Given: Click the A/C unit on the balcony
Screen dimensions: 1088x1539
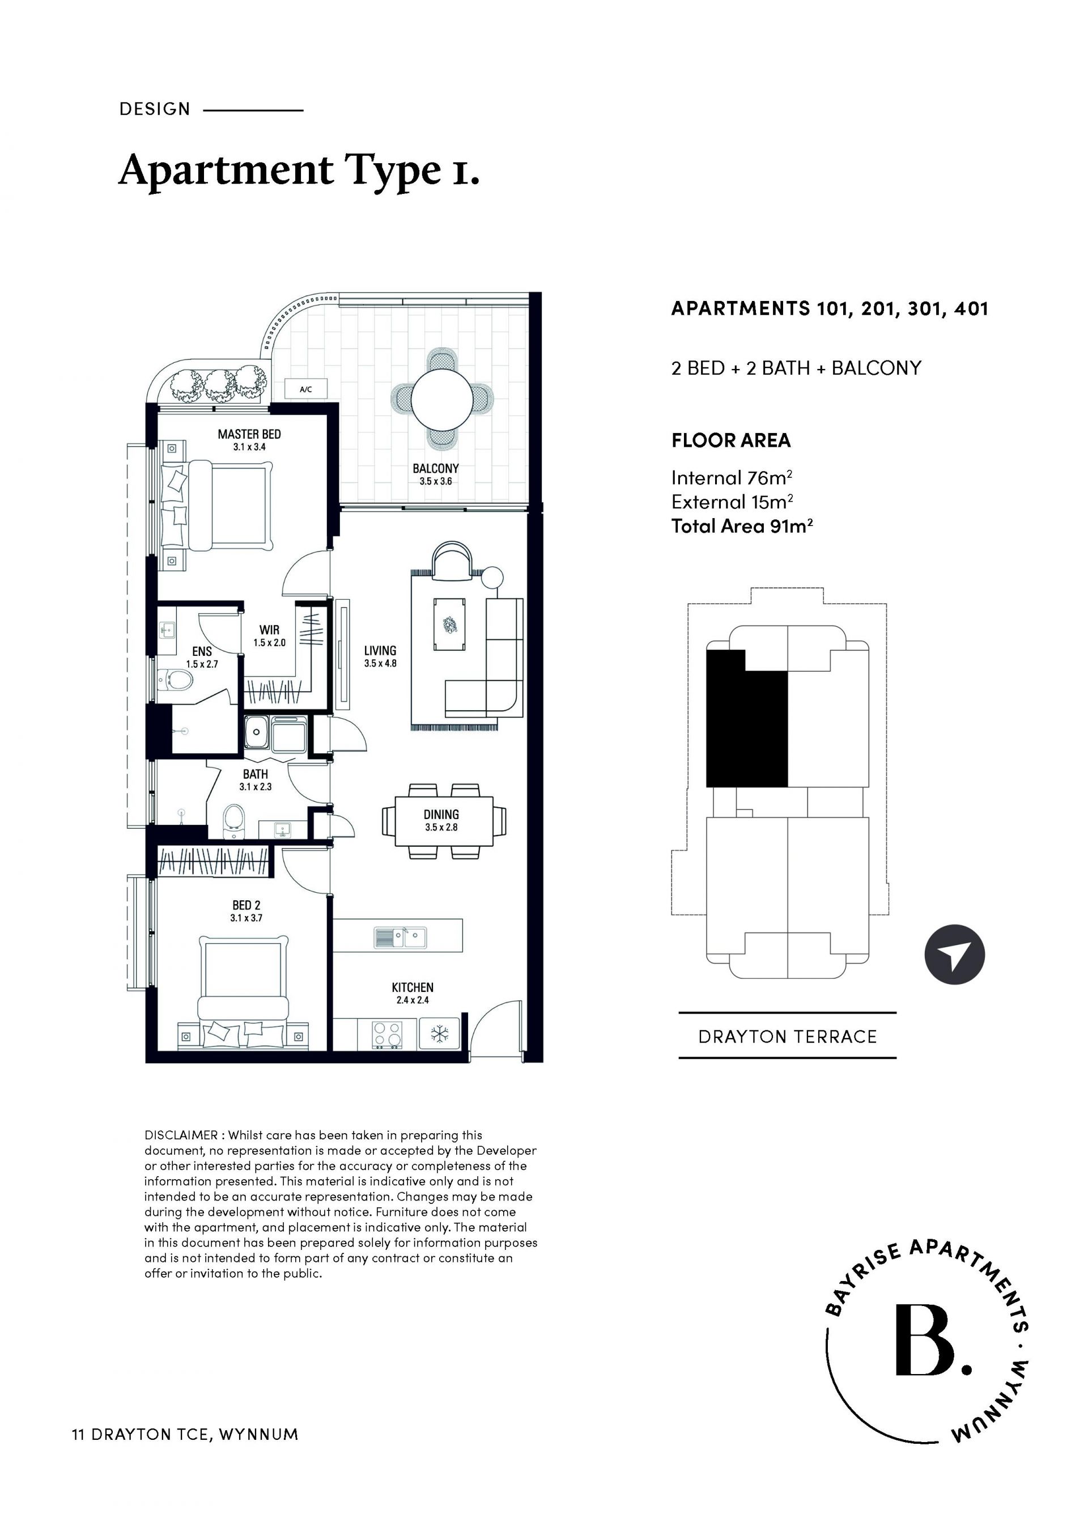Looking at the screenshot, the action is click(306, 389).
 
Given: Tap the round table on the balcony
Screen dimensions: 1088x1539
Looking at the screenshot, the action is click(442, 401).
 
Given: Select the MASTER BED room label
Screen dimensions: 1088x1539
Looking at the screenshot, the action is click(249, 434).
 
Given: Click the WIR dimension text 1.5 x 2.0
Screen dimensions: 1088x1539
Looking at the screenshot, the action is click(269, 643).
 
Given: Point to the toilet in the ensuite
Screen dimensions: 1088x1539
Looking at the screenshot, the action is click(176, 681).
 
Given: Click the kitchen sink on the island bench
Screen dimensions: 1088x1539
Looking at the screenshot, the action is click(400, 937).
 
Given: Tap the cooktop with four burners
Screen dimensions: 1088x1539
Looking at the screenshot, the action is click(387, 1035).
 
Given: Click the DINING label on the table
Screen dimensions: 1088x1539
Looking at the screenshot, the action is click(441, 815).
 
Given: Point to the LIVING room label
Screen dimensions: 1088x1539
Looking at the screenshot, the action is click(380, 650).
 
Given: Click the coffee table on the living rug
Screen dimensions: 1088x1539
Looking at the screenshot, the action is click(450, 625).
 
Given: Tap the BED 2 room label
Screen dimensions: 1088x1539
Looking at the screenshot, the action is click(246, 906).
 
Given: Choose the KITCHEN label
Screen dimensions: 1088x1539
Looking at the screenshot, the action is click(413, 987).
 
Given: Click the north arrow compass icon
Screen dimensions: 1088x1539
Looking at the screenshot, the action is click(955, 955).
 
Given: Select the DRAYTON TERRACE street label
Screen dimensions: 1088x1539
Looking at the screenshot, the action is click(787, 1037).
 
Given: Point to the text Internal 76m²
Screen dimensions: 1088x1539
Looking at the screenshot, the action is click(732, 477).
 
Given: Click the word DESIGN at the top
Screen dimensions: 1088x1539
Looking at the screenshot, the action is click(155, 109).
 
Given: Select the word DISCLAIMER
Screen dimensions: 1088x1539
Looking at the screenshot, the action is click(181, 1135).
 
